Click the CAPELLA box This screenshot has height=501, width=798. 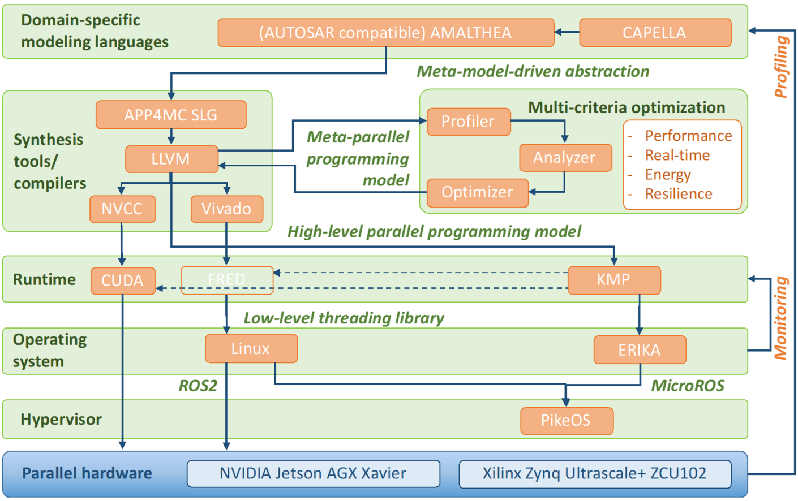(655, 33)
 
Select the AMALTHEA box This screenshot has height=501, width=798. (385, 33)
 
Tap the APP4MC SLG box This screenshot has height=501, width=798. (171, 115)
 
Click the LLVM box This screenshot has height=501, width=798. (171, 159)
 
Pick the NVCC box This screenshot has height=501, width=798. (122, 209)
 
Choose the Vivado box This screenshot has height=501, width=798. (226, 209)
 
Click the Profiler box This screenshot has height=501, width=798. (468, 122)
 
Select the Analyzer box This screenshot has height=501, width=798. (565, 157)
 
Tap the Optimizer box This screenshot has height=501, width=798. (477, 192)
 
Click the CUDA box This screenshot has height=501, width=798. (123, 280)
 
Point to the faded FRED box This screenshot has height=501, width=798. (226, 280)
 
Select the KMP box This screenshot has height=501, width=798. (613, 280)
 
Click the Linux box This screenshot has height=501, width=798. (251, 348)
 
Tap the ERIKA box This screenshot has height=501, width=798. (640, 350)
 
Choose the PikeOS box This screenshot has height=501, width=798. (566, 420)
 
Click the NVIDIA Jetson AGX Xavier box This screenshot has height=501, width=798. (313, 473)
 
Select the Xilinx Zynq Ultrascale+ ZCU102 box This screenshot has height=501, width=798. (594, 473)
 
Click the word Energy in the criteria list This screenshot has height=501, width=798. (668, 175)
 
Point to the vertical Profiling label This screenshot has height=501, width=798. (781, 67)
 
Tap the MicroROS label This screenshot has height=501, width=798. (688, 386)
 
